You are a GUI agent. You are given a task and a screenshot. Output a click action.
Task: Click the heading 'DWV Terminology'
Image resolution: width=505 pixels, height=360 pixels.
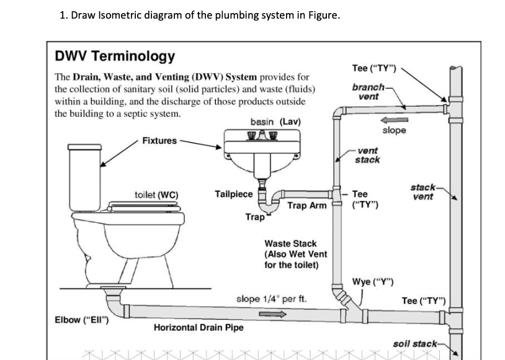(x=115, y=57)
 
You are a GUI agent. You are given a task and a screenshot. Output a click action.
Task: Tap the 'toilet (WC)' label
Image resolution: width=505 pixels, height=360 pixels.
(x=156, y=195)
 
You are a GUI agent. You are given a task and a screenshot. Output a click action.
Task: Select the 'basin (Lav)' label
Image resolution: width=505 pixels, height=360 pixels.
(x=275, y=121)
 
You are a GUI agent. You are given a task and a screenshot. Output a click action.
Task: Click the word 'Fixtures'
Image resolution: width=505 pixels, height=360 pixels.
(x=159, y=141)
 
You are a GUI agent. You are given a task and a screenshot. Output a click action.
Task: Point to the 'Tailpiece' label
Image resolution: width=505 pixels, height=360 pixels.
(x=233, y=194)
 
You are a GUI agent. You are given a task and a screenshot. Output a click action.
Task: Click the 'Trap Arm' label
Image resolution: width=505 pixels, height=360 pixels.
(x=306, y=205)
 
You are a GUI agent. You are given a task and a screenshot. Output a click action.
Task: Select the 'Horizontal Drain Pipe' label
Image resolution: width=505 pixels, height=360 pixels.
(x=199, y=327)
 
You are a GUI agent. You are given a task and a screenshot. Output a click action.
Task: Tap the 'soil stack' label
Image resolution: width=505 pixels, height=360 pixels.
(x=414, y=343)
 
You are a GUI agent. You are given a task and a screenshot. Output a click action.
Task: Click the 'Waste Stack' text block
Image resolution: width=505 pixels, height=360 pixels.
(x=295, y=254)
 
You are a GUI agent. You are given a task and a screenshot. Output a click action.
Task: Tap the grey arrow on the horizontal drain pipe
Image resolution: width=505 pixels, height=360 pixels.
(x=272, y=313)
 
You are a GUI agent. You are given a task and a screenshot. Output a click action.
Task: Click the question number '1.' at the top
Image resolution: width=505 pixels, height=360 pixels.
(x=64, y=16)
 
